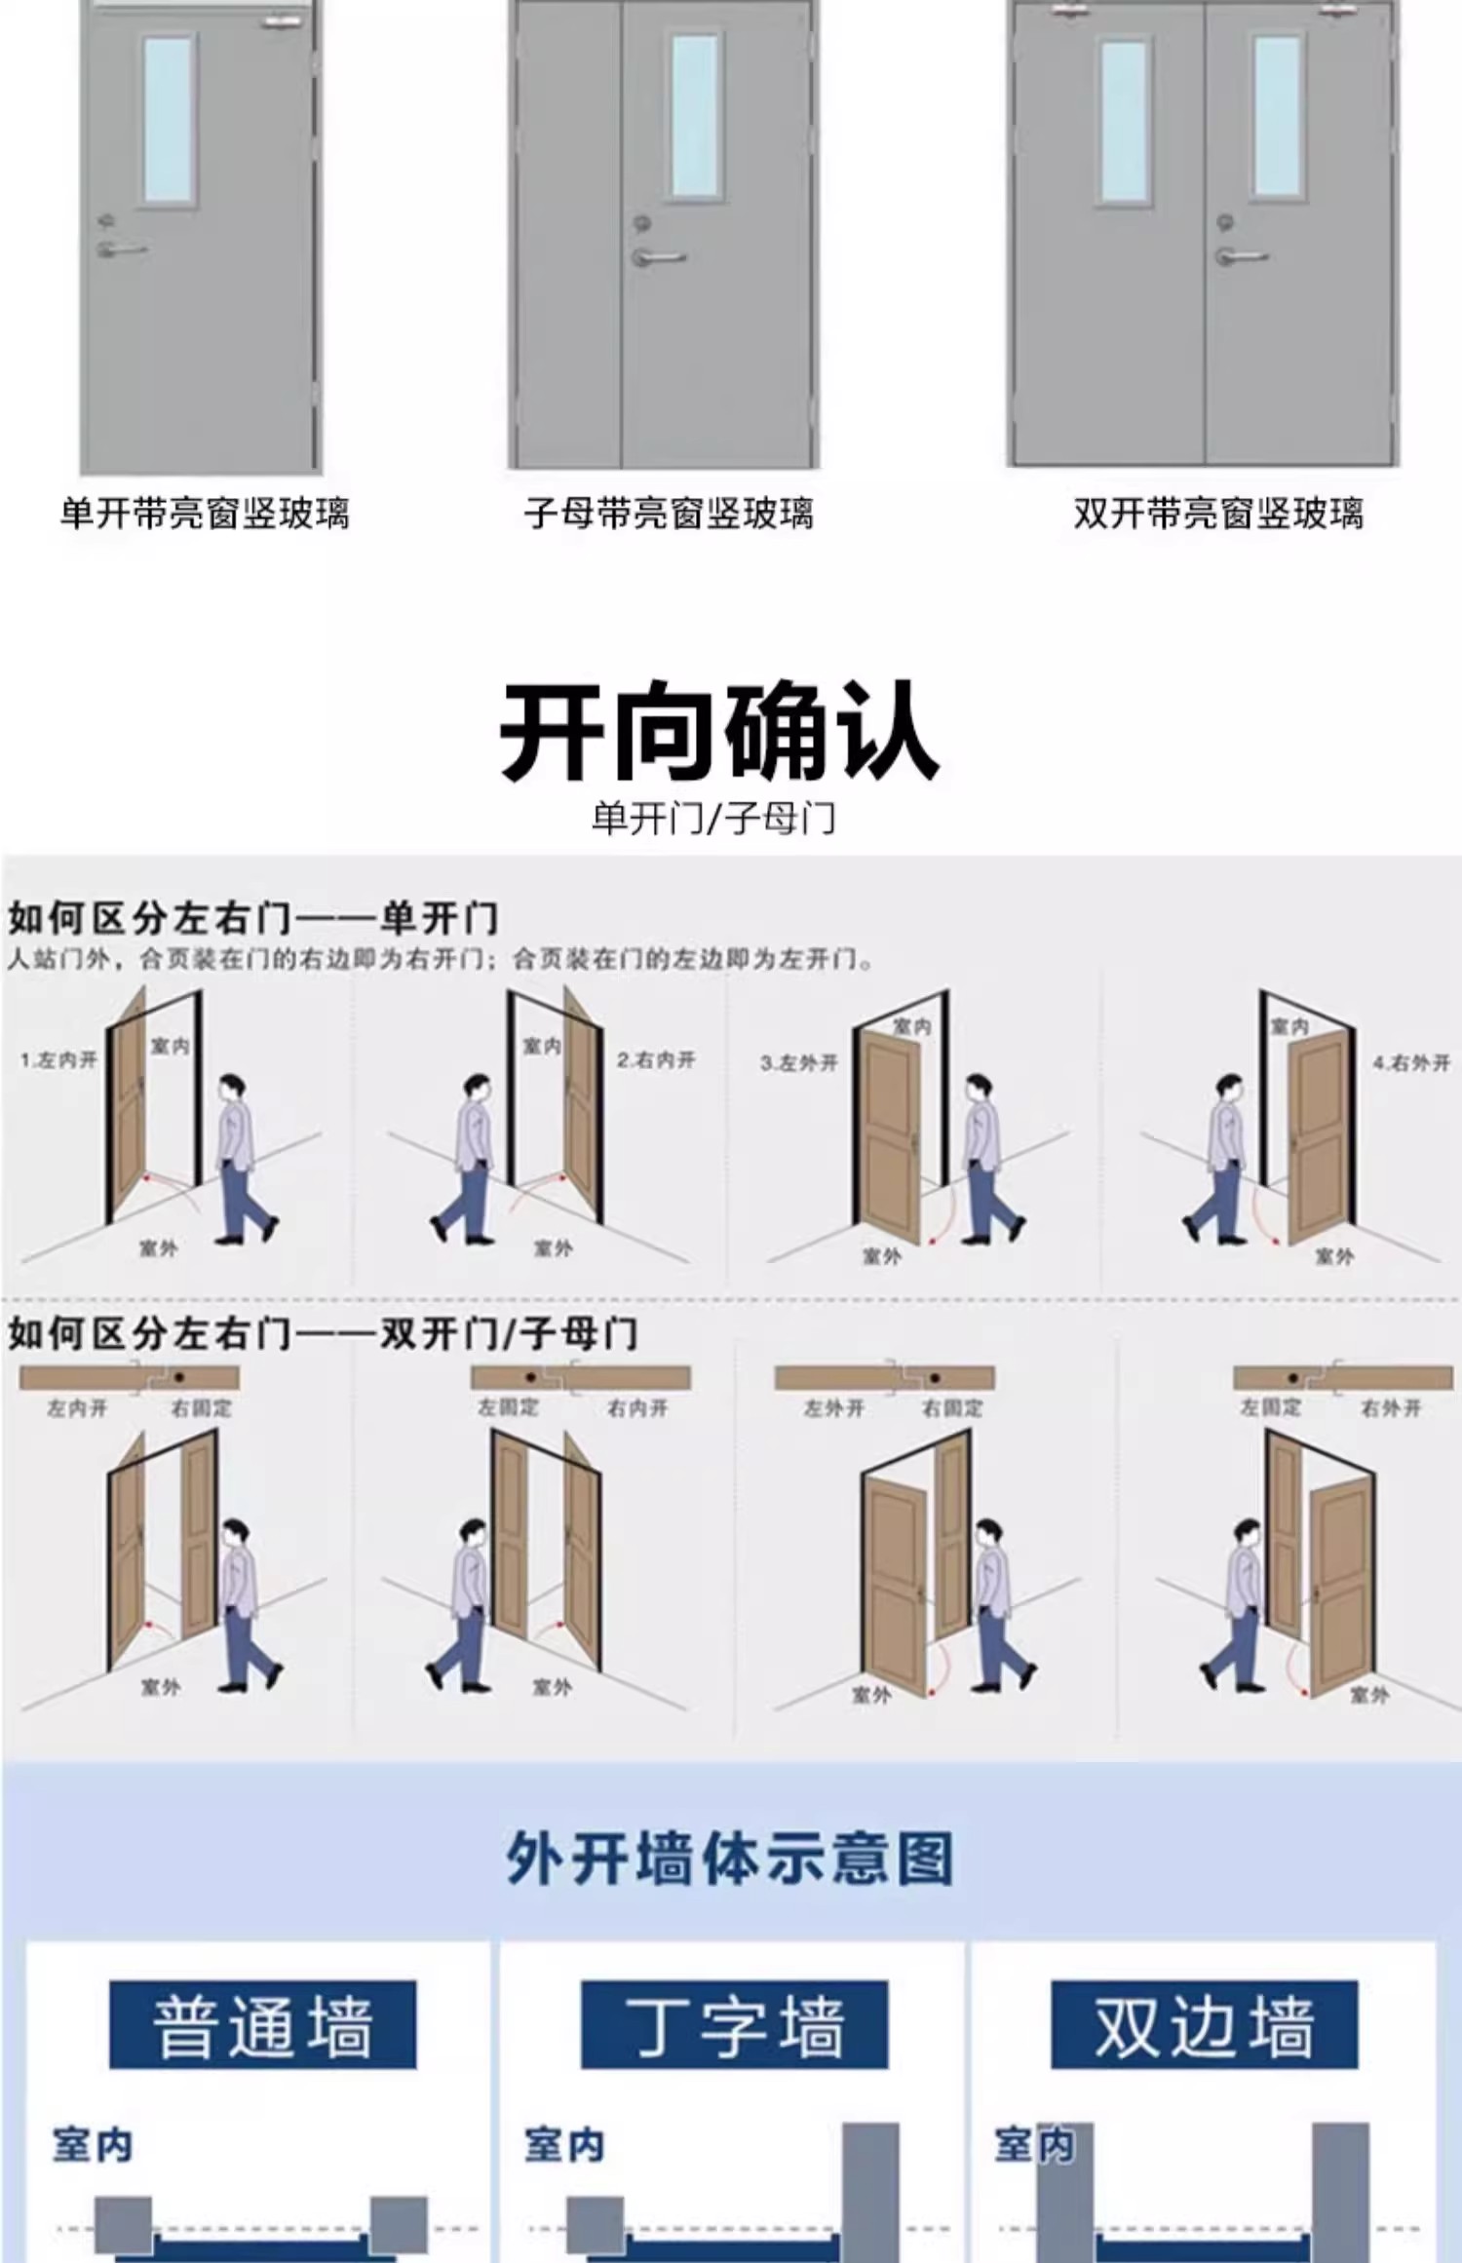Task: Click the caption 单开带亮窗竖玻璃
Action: point(205,514)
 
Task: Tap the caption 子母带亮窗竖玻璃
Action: point(669,514)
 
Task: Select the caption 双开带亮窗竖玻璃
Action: point(1218,514)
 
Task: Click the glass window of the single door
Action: point(169,120)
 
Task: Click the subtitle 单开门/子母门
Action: point(713,819)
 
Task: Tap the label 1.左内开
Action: point(58,1059)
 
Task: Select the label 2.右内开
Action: point(656,1059)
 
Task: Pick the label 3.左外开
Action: point(799,1062)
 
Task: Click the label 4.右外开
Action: point(1411,1062)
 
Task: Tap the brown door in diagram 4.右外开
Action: point(1320,1140)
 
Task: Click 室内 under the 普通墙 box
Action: point(93,2145)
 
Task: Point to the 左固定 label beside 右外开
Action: point(1270,1407)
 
